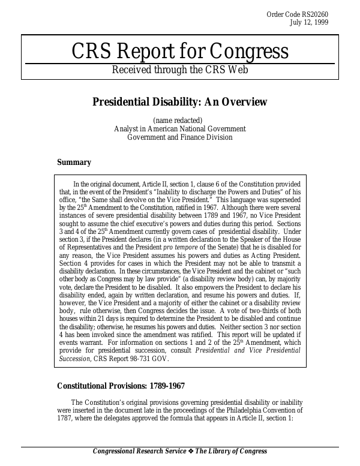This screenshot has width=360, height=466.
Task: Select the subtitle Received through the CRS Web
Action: click(179, 70)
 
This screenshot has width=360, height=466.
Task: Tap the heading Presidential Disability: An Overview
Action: click(179, 101)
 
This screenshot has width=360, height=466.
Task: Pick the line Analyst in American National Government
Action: click(179, 128)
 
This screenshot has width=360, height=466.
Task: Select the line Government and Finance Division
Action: click(179, 137)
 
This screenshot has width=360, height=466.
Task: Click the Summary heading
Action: click(74, 162)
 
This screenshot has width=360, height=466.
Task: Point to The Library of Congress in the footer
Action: click(231, 452)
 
